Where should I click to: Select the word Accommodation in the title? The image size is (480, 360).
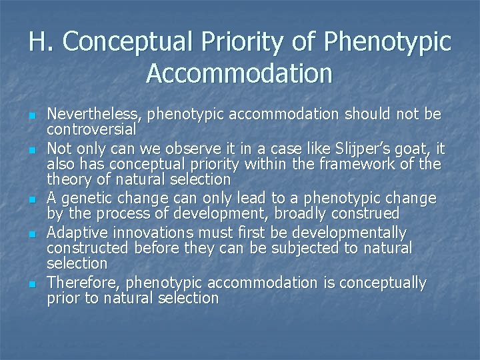click(x=239, y=73)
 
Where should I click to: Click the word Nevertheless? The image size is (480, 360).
click(x=94, y=114)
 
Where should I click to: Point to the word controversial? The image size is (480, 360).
click(x=91, y=128)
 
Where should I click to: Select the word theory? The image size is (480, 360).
click(x=69, y=179)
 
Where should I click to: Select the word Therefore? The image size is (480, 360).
click(x=84, y=283)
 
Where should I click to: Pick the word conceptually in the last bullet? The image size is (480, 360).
click(x=383, y=283)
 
